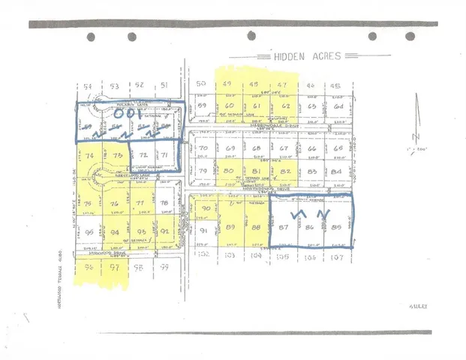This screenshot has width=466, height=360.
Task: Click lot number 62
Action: point(285,106)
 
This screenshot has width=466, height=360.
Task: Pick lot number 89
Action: point(230,228)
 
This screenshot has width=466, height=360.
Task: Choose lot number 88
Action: point(256,228)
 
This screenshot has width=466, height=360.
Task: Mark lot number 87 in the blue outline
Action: point(283,228)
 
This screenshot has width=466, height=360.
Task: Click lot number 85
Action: point(335,227)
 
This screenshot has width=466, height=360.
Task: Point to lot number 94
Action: point(115,232)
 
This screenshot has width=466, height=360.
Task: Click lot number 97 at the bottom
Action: point(115,268)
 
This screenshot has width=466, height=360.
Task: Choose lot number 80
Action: point(230,172)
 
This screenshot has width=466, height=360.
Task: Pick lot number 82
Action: point(284,172)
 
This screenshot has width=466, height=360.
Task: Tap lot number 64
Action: point(338,106)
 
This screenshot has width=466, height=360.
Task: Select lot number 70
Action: point(203,148)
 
